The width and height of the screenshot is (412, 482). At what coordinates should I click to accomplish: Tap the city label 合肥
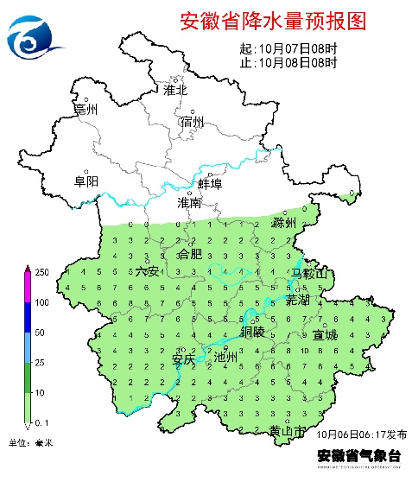(x=189, y=255)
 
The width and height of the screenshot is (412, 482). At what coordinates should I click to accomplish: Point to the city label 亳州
(x=86, y=110)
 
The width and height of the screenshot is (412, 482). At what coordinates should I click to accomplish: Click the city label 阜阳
(x=86, y=181)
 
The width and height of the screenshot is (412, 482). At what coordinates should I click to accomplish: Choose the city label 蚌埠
(x=211, y=184)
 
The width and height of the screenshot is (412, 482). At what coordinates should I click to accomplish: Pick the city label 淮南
(x=189, y=203)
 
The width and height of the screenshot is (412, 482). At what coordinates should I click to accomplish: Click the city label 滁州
(x=284, y=222)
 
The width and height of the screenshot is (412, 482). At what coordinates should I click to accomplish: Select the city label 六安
(x=148, y=271)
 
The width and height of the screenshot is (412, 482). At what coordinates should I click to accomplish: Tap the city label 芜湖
(x=297, y=299)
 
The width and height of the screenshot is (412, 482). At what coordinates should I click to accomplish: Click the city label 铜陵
(x=253, y=332)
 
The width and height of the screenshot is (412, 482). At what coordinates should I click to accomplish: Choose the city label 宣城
(x=326, y=334)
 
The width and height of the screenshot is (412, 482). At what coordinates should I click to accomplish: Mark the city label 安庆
(x=184, y=358)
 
